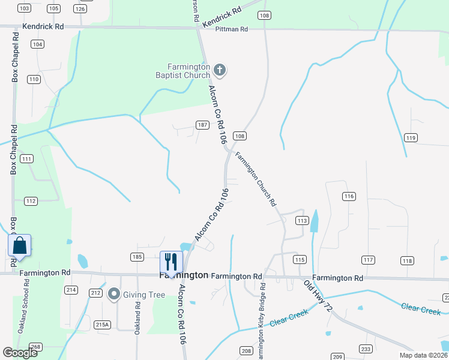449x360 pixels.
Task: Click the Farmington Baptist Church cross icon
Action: coord(220,71)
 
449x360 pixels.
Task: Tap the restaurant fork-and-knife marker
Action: coord(170,262)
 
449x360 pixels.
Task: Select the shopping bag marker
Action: coord(20,246)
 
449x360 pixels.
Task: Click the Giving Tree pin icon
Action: coord(113,295)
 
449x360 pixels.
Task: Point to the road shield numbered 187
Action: coord(203,125)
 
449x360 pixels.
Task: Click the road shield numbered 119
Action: coord(411,138)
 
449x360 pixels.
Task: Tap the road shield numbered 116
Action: coord(349,196)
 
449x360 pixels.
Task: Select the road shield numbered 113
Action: coord(302,221)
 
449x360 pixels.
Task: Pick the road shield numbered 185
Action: coord(137,257)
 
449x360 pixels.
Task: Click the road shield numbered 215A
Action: coord(102,325)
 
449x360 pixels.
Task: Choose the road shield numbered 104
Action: coord(38,44)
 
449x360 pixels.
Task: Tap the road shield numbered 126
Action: coord(80,9)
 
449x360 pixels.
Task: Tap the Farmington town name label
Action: coord(184,275)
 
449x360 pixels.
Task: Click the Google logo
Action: coord(20,353)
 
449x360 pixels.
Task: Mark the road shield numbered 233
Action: coord(366,349)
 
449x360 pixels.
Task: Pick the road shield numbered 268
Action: coord(35,347)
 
